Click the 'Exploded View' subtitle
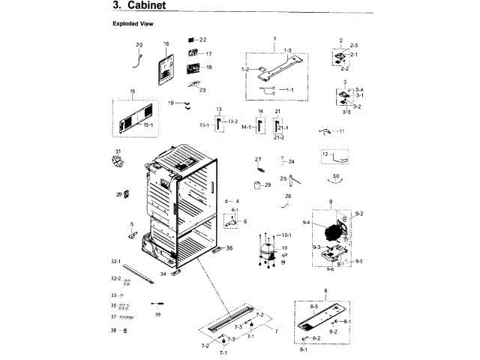(x=133, y=24)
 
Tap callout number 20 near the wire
(x=139, y=45)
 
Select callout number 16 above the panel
(x=166, y=44)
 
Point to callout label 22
(x=202, y=39)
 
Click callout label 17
(x=208, y=54)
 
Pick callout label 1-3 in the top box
(x=286, y=49)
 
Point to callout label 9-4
(x=306, y=223)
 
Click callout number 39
(x=157, y=314)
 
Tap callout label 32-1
(x=115, y=261)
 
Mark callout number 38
(x=113, y=330)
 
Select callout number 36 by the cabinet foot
(x=229, y=247)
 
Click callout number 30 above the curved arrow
(x=336, y=175)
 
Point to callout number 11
(x=342, y=131)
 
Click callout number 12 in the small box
(x=325, y=154)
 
